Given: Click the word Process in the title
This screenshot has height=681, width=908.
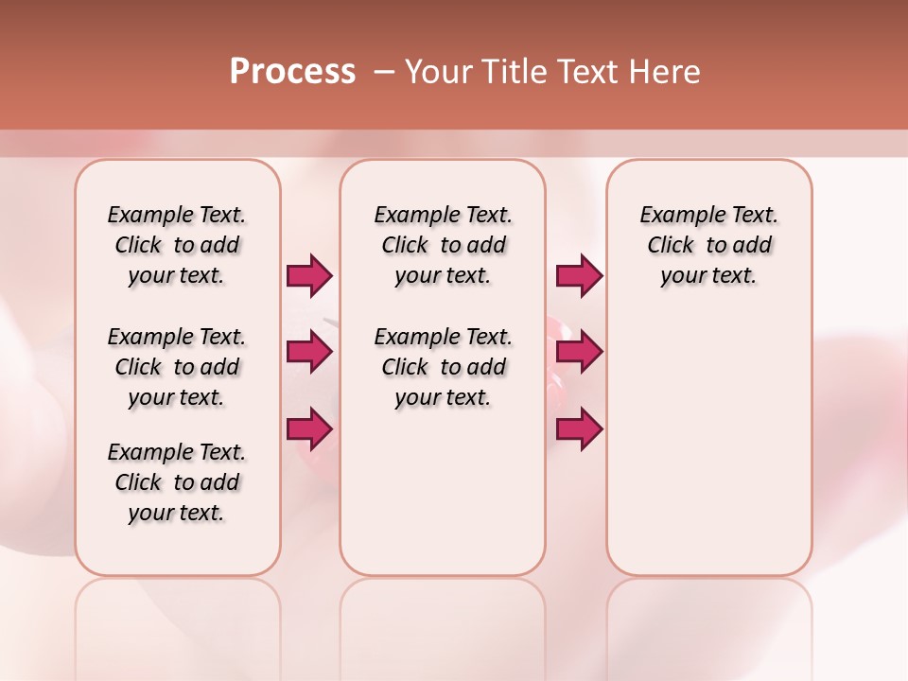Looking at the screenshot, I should [x=292, y=72].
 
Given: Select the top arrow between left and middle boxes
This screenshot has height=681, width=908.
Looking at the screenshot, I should [x=309, y=275].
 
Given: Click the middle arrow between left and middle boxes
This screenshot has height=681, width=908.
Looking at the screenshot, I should [x=309, y=352].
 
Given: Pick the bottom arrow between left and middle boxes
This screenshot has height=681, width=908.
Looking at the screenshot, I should [x=309, y=428].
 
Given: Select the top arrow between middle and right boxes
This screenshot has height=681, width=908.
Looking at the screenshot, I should [x=579, y=275].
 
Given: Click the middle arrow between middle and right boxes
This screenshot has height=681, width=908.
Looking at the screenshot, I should [x=579, y=352].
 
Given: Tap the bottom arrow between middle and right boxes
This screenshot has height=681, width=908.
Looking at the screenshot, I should [x=579, y=428].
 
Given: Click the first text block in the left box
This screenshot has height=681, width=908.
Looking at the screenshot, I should [x=177, y=245].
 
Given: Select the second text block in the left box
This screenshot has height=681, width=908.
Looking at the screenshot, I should [x=177, y=367].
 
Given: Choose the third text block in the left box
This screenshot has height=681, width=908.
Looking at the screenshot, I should [x=177, y=482].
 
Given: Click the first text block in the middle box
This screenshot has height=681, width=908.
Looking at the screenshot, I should [x=443, y=245].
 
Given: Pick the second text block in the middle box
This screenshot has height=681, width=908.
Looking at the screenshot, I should [x=443, y=367].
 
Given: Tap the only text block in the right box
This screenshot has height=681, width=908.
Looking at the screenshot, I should [x=708, y=245].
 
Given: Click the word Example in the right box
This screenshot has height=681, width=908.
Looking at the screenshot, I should [x=675, y=216].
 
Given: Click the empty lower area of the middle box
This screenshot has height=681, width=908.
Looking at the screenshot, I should [x=443, y=492].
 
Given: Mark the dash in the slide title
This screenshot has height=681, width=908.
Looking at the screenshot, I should [x=383, y=72].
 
